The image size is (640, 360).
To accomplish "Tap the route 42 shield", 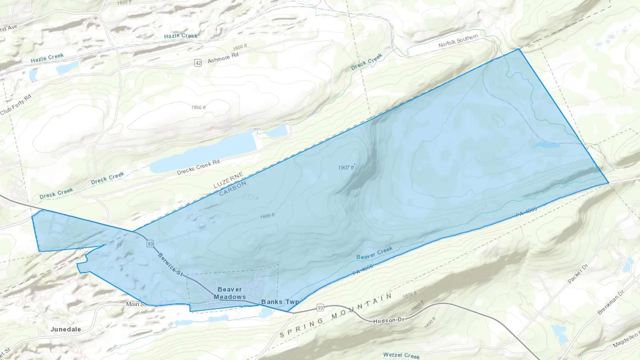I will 198,63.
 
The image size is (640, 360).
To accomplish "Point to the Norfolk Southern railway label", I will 458,41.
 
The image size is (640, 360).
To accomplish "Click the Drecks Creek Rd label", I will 198,167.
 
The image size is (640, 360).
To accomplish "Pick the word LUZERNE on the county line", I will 228,180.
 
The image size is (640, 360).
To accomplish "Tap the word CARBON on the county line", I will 233,189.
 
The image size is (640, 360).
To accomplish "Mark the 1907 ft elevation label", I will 346,167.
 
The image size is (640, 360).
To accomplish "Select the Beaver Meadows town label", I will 230,293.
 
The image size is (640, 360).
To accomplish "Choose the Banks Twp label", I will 280,302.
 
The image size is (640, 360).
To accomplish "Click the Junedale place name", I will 65,329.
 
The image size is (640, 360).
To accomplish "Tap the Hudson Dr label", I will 389,321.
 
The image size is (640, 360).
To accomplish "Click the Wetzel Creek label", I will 401,355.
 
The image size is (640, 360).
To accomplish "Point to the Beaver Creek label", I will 374,253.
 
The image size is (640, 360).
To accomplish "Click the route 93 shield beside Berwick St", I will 150,243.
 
